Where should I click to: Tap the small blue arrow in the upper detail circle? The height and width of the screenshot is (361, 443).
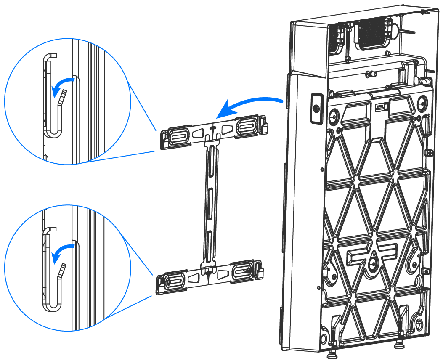[62, 83]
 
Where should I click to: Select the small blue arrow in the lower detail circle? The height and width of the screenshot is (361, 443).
[62, 250]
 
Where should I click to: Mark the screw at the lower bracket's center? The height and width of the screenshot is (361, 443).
[209, 274]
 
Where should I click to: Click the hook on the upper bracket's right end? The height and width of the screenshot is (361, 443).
[265, 123]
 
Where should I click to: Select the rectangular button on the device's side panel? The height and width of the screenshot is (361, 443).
[316, 107]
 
